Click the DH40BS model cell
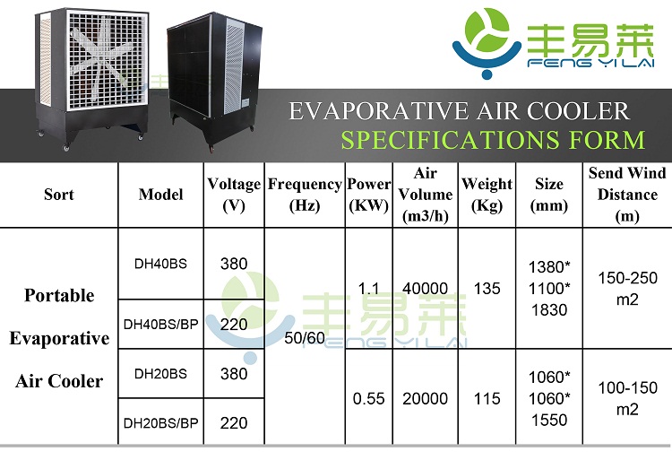point(160,264)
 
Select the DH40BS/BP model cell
point(160,324)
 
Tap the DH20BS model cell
point(160,374)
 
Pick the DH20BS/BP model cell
point(160,423)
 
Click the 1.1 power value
point(368,289)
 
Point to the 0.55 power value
point(368,399)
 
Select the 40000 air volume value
point(425,289)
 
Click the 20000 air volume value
point(425,399)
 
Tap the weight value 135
point(487,289)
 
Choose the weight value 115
point(487,399)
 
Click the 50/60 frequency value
point(305,338)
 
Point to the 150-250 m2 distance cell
point(627,289)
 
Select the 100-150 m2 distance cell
point(627,399)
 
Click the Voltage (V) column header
point(234,195)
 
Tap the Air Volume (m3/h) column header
point(425,195)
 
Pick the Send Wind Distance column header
point(627,195)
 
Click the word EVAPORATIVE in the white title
point(379,110)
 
